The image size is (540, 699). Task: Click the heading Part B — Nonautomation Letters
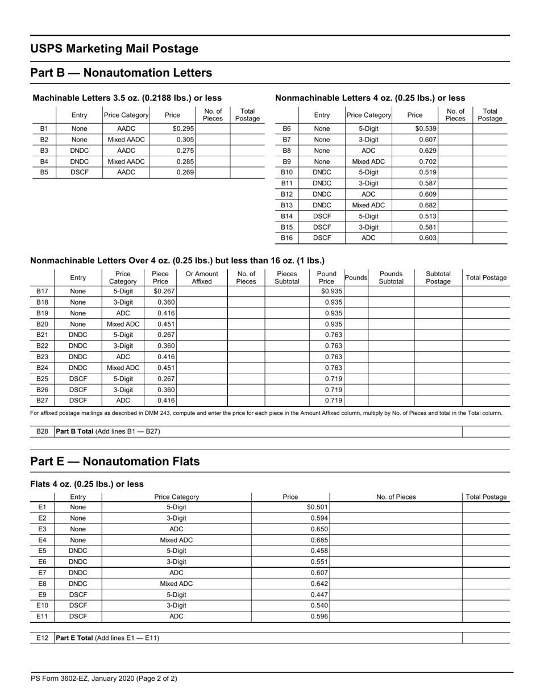[121, 73]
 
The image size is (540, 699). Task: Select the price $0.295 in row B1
[183, 129]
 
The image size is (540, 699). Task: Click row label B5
[44, 172]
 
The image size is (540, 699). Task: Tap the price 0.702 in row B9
[427, 161]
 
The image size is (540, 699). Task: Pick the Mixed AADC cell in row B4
[126, 161]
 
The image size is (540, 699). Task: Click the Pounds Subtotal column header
[391, 277]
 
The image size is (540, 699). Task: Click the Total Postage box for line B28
[485, 431]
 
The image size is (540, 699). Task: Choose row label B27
[42, 400]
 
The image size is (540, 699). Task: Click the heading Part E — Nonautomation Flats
[115, 461]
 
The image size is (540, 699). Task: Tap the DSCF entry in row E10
[78, 605]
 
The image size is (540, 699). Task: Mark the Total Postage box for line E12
[485, 638]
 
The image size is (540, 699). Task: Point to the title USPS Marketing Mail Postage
[114, 49]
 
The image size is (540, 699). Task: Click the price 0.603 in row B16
[427, 238]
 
